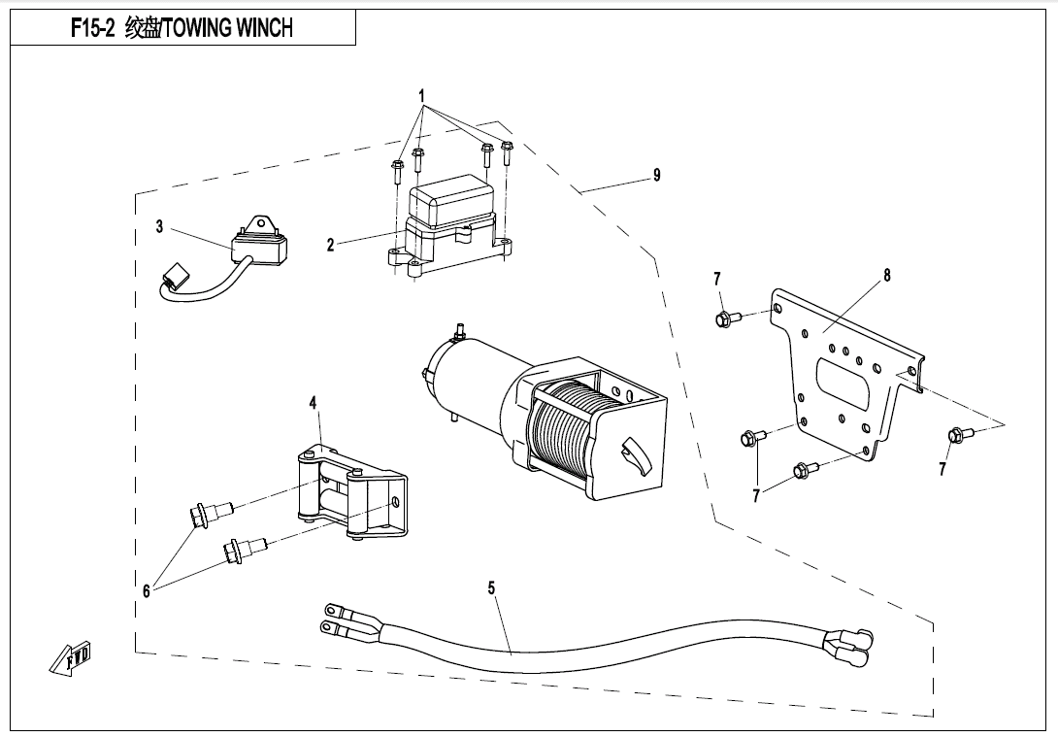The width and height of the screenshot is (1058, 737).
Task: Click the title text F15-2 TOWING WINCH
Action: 182,28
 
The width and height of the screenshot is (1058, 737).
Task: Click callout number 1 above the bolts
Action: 422,95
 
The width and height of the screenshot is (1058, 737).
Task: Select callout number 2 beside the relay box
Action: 330,246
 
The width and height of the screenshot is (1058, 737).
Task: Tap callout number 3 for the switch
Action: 159,227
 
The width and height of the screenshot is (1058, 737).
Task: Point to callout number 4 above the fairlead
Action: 314,402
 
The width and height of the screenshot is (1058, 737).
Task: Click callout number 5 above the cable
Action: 491,587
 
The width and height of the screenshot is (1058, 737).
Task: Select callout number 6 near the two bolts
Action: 147,590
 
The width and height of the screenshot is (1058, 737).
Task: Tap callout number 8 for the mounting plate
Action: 886,276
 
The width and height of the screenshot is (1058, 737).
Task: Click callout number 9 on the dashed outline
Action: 657,175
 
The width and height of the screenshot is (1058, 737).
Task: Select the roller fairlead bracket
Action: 349,495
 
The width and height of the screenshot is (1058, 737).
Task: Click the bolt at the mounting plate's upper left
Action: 726,318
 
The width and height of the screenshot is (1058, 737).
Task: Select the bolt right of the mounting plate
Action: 954,435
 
